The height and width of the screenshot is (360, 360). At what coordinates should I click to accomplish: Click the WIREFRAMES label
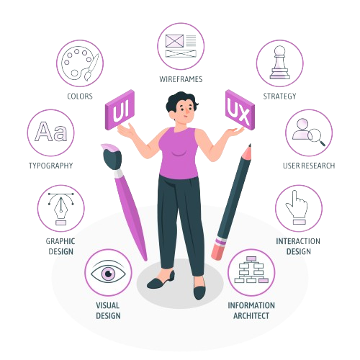(181, 79)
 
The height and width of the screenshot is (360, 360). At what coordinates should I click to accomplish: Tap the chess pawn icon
(280, 63)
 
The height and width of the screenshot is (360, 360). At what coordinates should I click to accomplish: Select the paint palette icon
(80, 63)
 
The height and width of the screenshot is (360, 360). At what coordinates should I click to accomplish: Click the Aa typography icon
(51, 131)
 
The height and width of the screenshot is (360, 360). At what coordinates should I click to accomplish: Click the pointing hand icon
(297, 207)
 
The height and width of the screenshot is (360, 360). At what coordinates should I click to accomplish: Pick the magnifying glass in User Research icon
(316, 137)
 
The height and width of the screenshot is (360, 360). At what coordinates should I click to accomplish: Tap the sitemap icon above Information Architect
(251, 270)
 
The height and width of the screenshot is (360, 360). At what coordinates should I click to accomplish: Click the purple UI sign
(120, 109)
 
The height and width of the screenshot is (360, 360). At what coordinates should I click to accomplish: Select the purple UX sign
(240, 109)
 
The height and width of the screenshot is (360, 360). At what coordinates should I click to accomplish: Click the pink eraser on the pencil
(219, 250)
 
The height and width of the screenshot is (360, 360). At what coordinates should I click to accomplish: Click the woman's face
(184, 111)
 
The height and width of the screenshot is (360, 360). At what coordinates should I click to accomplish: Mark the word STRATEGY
(279, 96)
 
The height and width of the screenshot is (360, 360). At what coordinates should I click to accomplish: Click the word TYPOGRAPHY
(50, 166)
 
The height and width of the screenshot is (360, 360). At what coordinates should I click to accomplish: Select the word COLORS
(80, 96)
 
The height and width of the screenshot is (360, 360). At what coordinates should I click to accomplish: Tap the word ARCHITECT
(251, 315)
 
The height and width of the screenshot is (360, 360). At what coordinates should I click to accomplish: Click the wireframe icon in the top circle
(181, 46)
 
